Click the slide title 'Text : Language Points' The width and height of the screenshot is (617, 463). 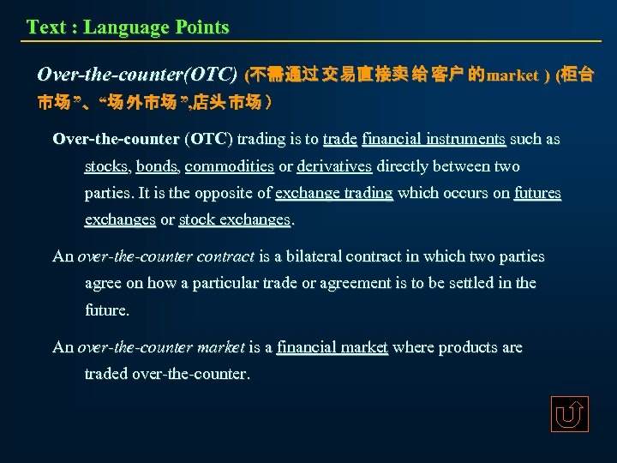point(128,27)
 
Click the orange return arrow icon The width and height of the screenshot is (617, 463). point(570,414)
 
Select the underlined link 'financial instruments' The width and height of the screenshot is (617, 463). point(434,139)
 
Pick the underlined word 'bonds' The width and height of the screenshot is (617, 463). point(156,166)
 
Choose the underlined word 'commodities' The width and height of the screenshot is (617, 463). point(229,166)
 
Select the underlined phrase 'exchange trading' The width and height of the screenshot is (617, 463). point(334,193)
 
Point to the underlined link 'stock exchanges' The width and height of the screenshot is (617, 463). point(236,220)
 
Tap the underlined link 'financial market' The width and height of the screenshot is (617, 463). point(332,347)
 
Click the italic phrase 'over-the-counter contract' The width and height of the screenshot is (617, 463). point(166,256)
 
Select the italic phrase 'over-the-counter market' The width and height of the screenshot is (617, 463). point(161,347)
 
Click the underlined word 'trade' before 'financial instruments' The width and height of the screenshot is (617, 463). point(340,139)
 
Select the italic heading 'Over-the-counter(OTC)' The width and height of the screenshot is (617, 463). point(137,75)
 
